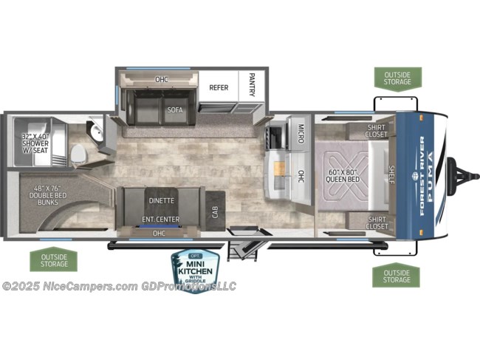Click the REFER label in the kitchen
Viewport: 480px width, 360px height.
click(x=219, y=87)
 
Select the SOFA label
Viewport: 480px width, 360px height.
click(x=174, y=110)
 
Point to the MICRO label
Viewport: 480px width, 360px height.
click(x=302, y=133)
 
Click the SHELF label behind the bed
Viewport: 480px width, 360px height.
click(x=391, y=176)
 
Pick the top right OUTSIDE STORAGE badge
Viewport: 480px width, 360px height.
click(x=397, y=78)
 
